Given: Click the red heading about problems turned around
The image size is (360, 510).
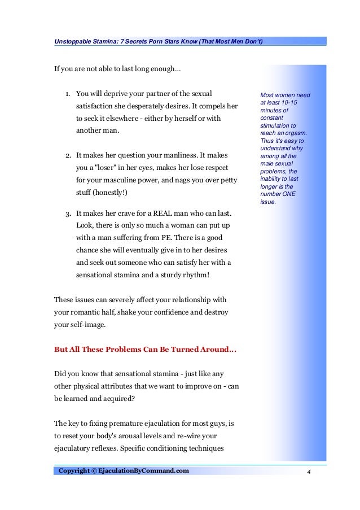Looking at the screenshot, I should (145, 349).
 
